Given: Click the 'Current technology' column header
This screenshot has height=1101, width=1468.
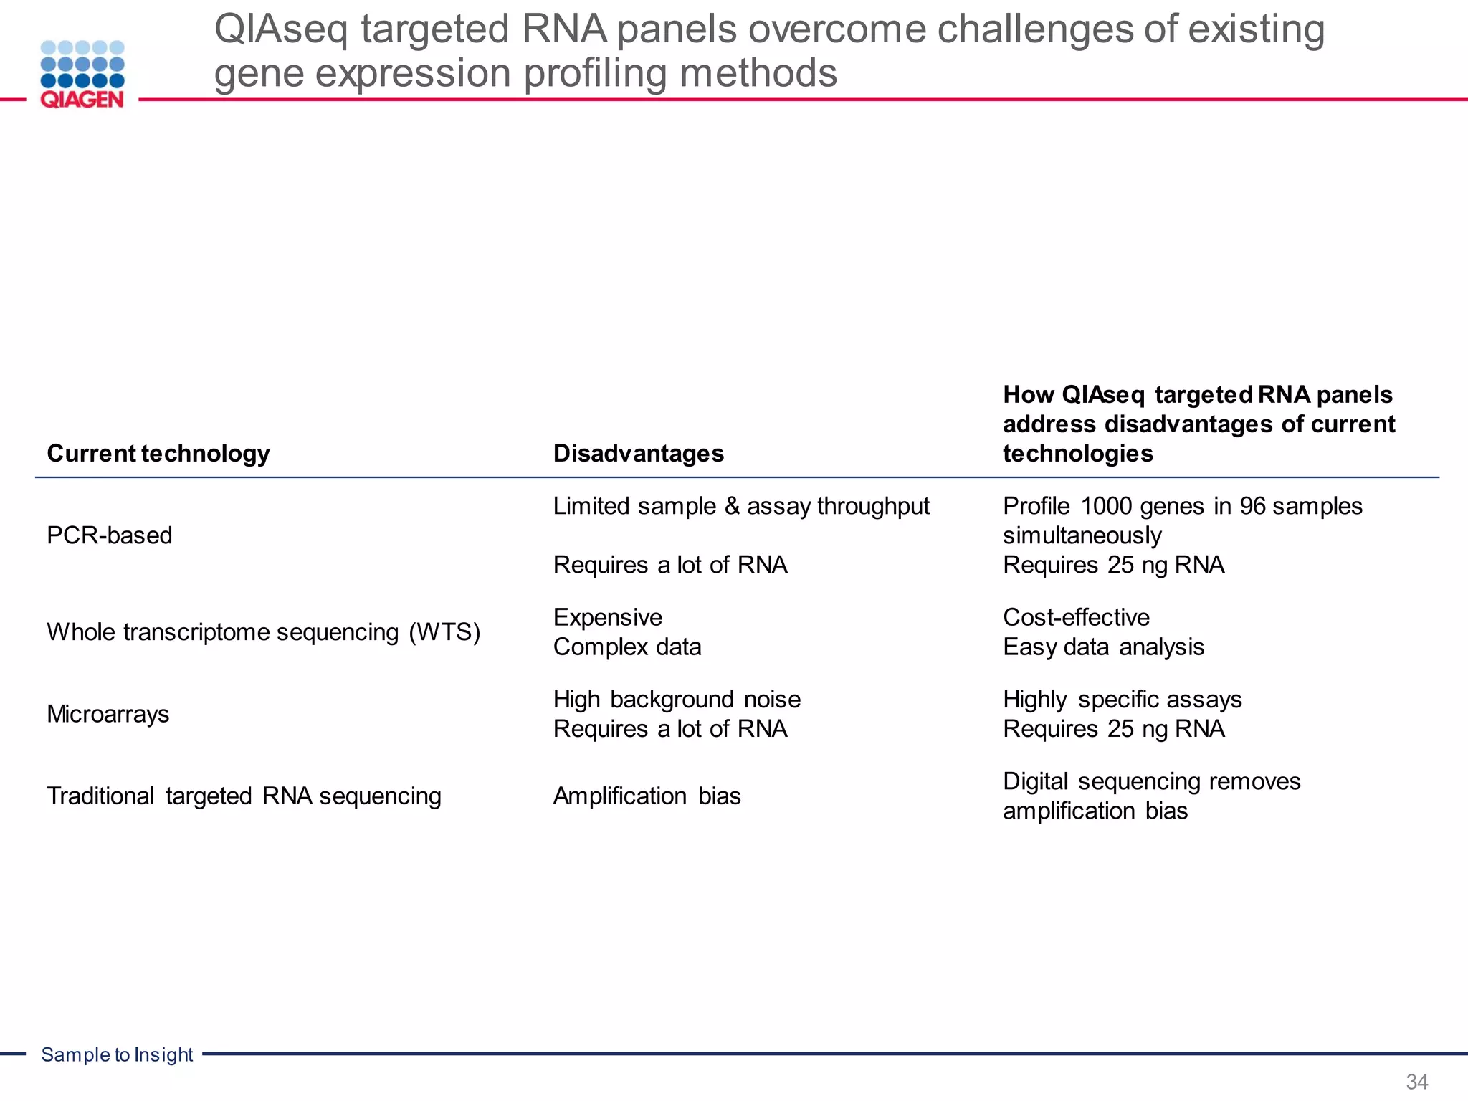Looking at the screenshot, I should (x=158, y=454).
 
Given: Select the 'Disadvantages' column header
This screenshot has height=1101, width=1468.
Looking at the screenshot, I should (x=638, y=454).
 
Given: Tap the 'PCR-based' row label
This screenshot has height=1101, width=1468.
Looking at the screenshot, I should (x=109, y=535).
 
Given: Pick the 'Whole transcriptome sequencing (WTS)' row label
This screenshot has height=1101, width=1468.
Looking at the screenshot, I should (x=263, y=632).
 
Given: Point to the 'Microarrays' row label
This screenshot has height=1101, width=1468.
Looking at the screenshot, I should (x=108, y=714).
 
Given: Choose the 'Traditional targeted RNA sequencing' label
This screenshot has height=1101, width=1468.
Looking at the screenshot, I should (x=244, y=796).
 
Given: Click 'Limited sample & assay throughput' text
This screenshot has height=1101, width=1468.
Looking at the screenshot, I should (x=740, y=506).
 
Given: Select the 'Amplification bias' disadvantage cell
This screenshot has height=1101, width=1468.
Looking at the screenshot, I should (x=647, y=796).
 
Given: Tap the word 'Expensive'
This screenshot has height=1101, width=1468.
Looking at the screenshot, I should (x=607, y=617).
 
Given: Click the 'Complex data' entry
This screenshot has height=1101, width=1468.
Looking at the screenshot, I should (x=626, y=647).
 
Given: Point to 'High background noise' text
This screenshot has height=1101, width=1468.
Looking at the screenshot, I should (x=676, y=700).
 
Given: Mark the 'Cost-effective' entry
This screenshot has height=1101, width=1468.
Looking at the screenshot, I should (x=1075, y=617).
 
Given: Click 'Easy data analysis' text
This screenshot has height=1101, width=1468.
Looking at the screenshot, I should (x=1102, y=647).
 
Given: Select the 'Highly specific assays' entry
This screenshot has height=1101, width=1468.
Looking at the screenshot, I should (x=1122, y=700).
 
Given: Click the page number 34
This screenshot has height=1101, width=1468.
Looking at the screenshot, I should (x=1416, y=1082).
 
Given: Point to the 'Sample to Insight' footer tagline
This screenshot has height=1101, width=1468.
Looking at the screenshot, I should (x=117, y=1054).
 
